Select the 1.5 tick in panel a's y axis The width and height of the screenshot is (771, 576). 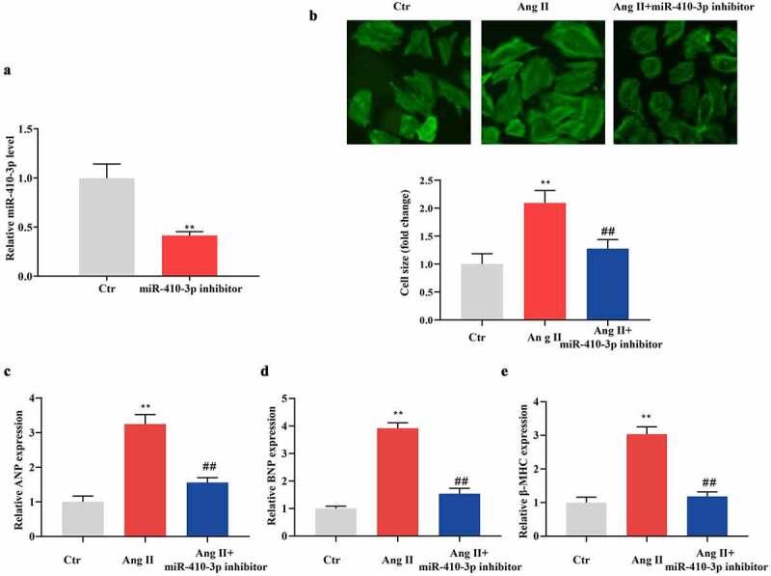point(37,128)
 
